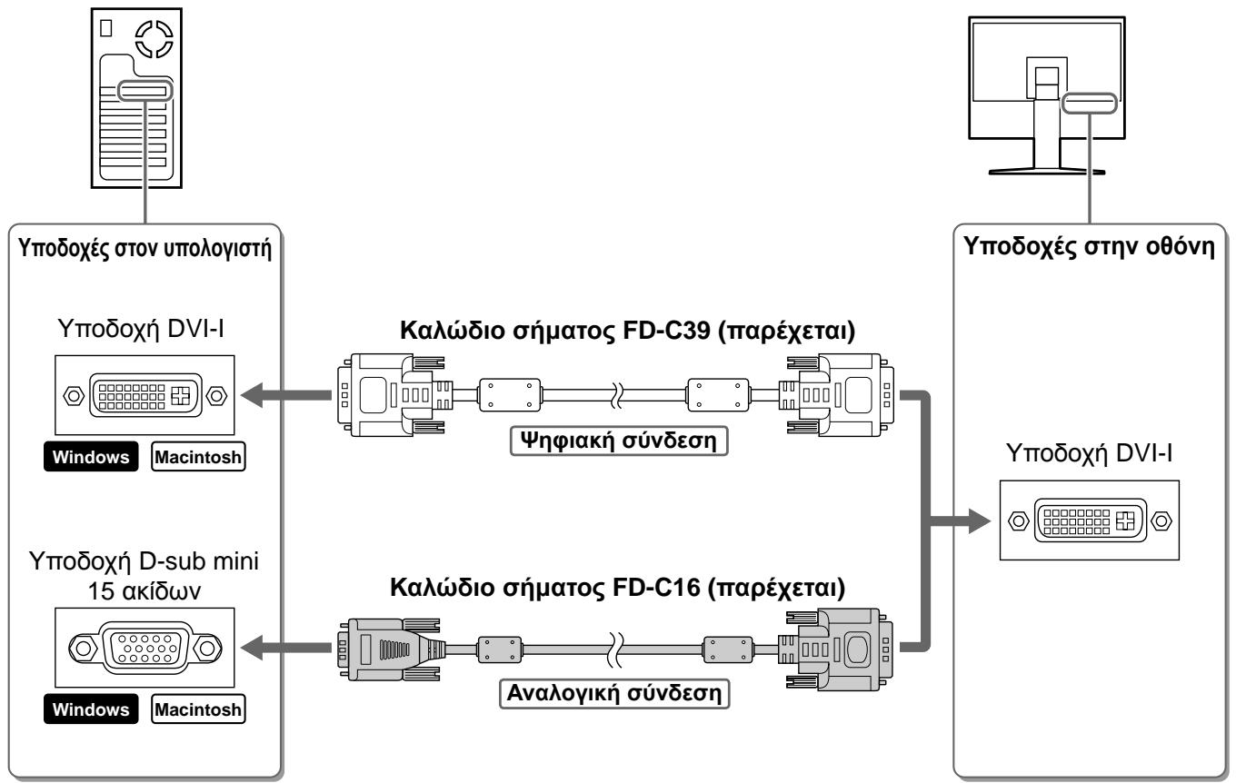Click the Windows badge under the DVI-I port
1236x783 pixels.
point(91,457)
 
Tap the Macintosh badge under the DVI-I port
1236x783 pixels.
point(198,457)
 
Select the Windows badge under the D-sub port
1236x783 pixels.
point(91,709)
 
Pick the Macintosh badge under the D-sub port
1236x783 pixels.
point(198,709)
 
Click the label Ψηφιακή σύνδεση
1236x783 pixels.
point(619,441)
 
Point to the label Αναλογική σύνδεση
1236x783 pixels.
point(614,693)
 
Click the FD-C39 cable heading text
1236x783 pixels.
point(627,331)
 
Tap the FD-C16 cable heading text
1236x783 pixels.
point(617,587)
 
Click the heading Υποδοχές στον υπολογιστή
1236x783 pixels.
point(145,248)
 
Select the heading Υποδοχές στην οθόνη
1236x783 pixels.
point(1089,246)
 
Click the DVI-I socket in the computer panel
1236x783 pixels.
point(145,395)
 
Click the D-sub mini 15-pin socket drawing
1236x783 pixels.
point(145,648)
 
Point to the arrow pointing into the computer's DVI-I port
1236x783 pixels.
point(286,395)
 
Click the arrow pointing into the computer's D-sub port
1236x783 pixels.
point(286,648)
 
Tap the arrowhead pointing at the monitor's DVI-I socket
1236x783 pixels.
point(980,520)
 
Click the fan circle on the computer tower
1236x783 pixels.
point(154,39)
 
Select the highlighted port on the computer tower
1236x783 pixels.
point(145,92)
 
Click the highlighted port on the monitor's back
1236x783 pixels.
point(1090,104)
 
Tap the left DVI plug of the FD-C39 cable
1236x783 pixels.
point(394,395)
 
